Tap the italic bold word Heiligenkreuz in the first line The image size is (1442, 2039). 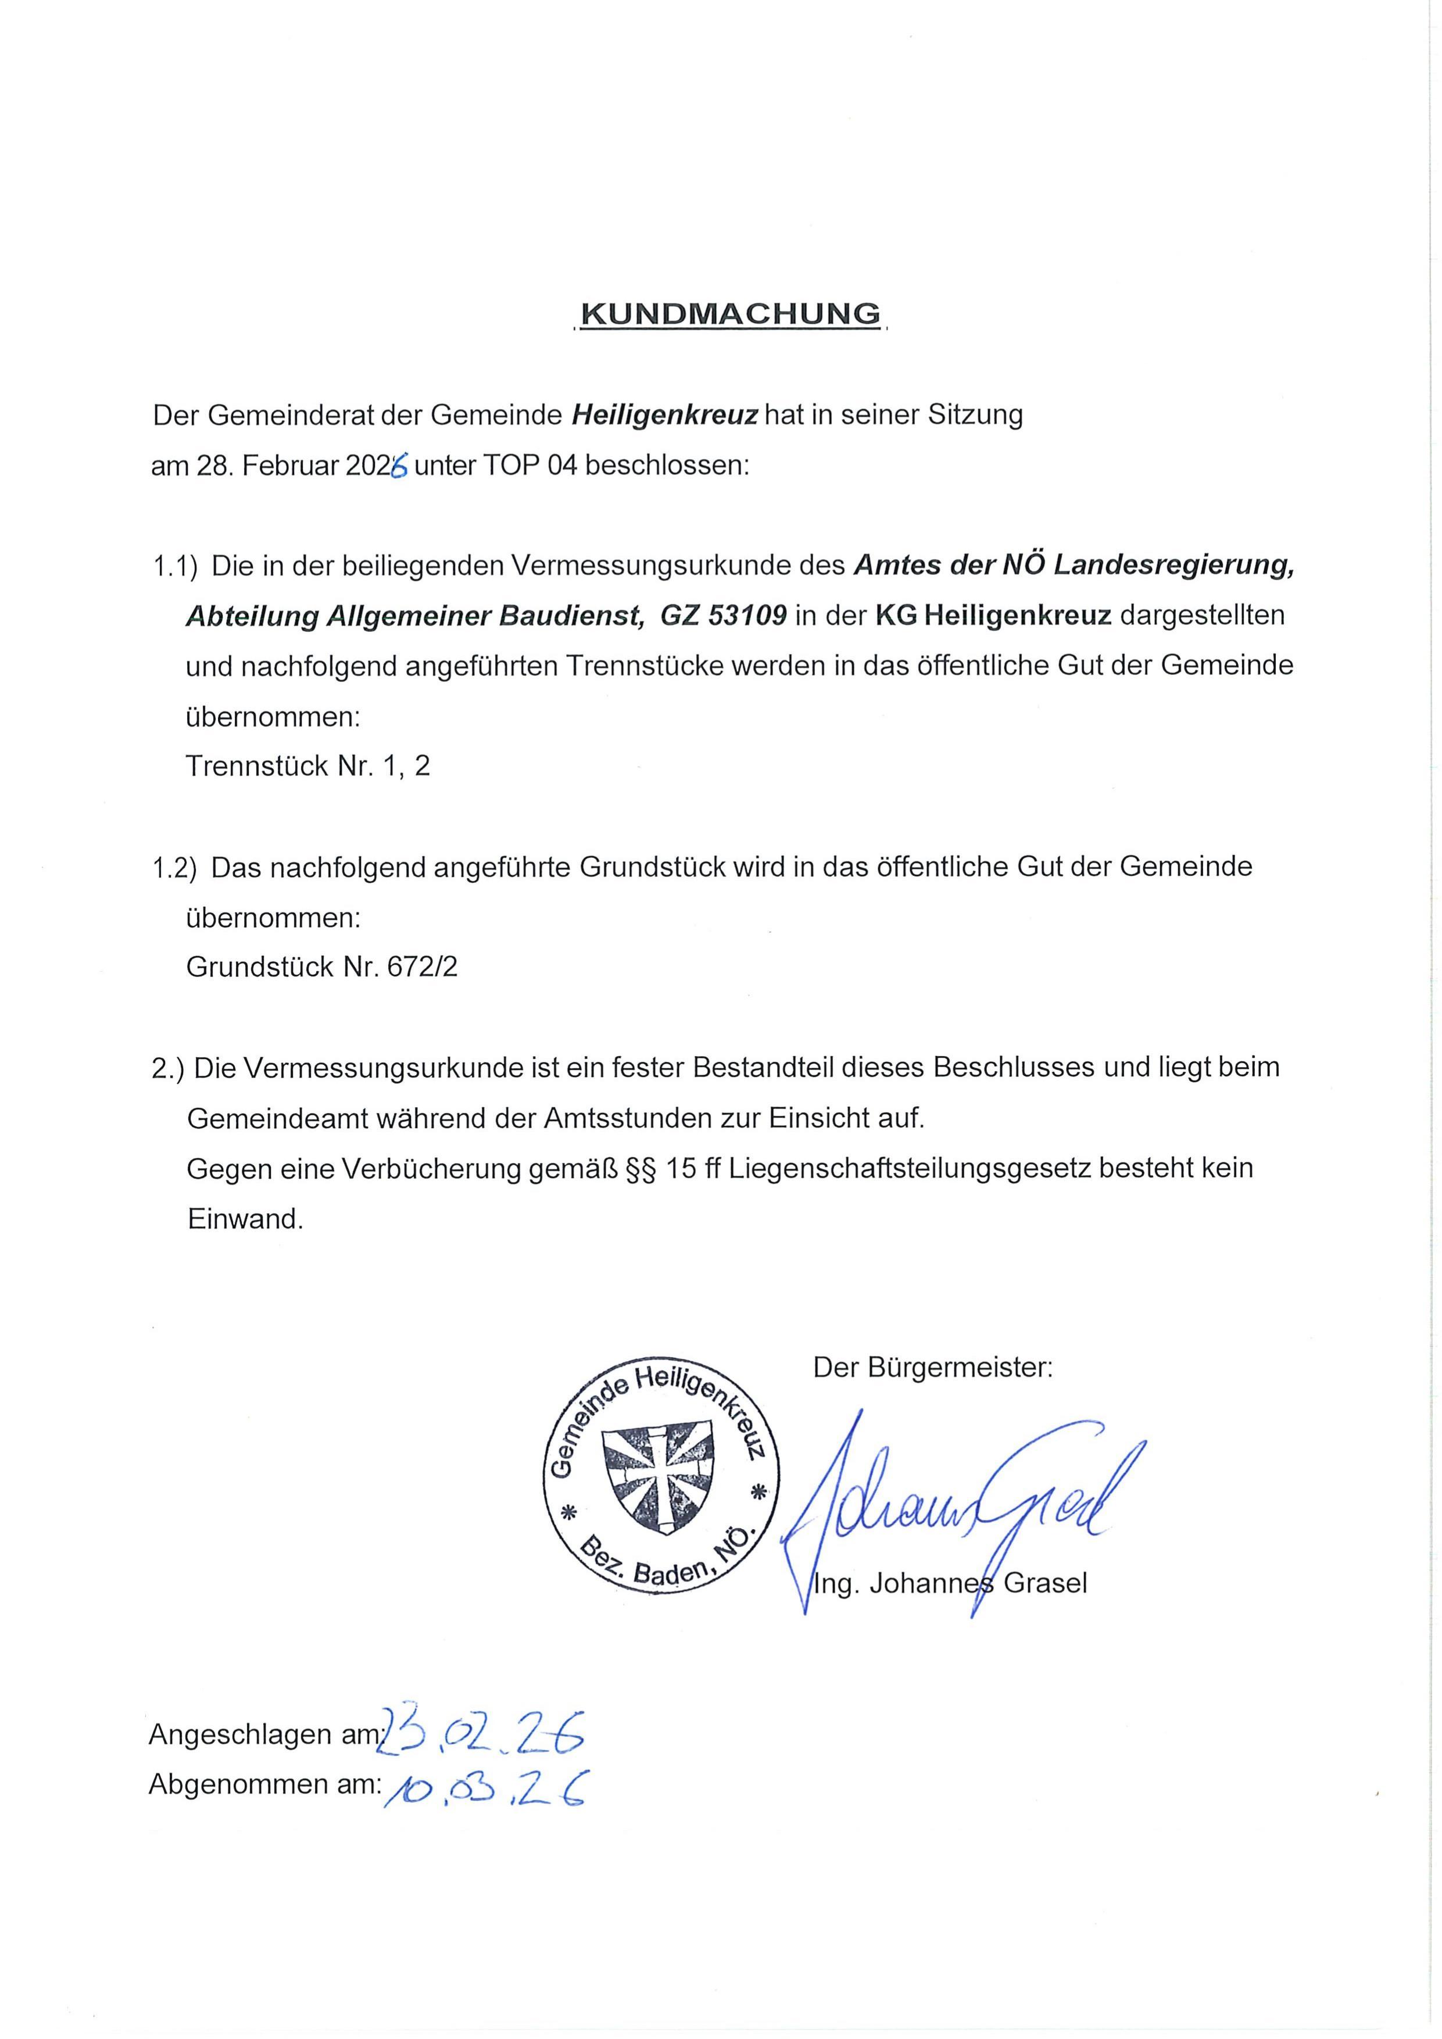tap(664, 416)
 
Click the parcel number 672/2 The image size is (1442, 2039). tap(422, 966)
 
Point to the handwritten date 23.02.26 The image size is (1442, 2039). tap(480, 1731)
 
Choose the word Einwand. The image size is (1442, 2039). tap(245, 1218)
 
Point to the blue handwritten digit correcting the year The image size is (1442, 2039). tap(399, 466)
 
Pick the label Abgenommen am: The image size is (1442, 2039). tap(264, 1783)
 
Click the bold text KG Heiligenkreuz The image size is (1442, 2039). tap(994, 616)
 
